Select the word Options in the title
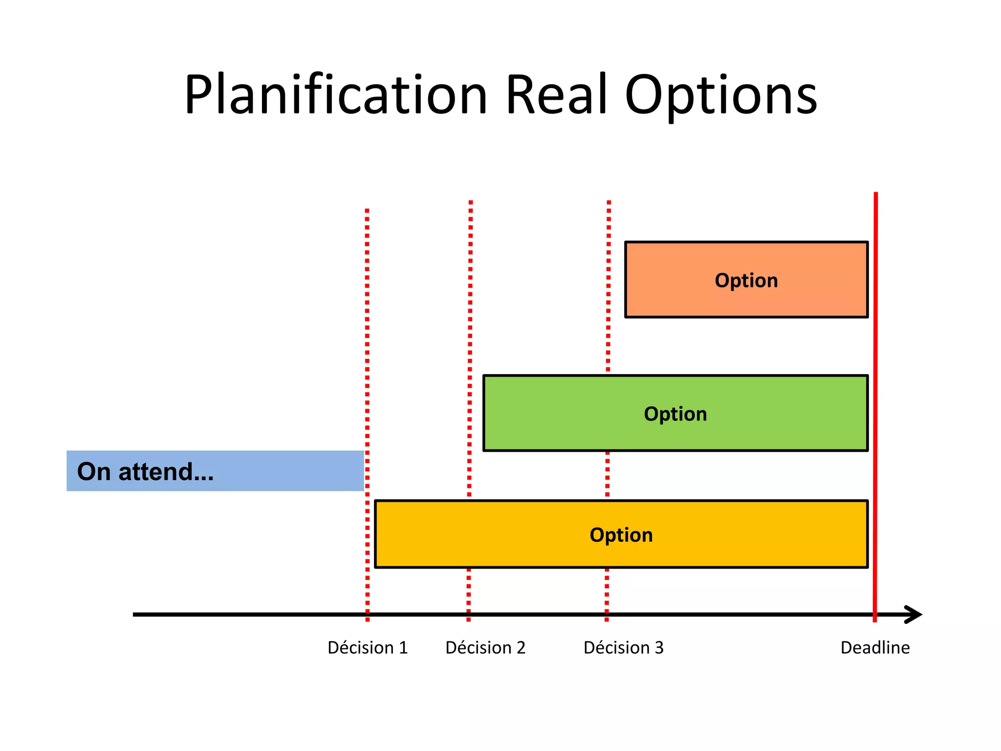721,96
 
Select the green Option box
562,430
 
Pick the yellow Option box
489,548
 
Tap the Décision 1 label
368,648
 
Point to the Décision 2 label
485,648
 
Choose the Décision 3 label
624,648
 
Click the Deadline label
875,648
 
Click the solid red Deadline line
875,342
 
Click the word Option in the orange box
746,281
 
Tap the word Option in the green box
675,414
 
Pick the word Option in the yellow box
621,535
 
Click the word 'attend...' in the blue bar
166,472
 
